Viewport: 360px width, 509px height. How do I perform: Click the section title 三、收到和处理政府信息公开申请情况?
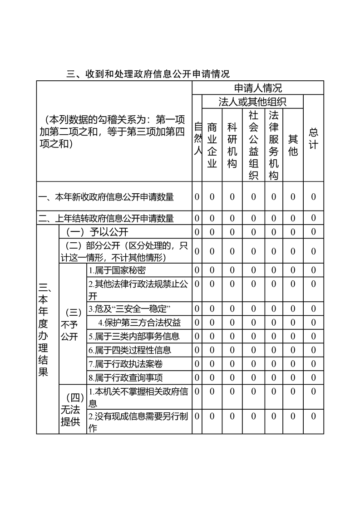point(148,74)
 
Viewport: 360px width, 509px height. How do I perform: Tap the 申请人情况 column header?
point(258,88)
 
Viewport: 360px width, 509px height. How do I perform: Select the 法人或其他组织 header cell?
point(252,102)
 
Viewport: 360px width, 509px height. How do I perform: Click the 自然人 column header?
point(197,138)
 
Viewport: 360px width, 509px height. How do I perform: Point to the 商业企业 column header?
point(212,145)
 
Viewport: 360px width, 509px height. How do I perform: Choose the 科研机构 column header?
point(232,145)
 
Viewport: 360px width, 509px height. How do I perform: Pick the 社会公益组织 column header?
point(253,145)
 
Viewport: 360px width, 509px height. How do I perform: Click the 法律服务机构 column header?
point(273,145)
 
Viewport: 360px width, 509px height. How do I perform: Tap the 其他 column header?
point(293,145)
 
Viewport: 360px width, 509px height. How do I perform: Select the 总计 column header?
point(313,138)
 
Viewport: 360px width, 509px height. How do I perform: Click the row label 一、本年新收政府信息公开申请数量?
point(106,197)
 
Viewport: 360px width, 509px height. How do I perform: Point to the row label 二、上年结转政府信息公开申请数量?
point(106,218)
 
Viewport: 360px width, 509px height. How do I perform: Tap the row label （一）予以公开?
point(97,232)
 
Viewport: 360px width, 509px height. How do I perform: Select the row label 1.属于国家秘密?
point(117,270)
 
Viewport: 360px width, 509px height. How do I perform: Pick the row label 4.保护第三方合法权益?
point(139,323)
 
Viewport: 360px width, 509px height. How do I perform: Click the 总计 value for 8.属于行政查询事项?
point(313,377)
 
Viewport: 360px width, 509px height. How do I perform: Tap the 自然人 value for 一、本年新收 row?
point(197,197)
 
